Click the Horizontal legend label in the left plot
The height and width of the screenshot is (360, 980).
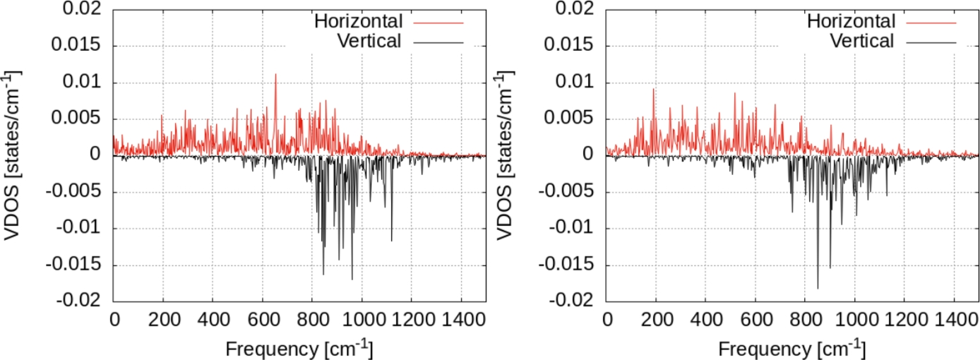click(358, 21)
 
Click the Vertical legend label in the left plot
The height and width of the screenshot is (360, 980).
click(369, 41)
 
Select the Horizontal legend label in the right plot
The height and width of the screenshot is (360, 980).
click(851, 21)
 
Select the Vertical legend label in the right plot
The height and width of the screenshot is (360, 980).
click(861, 41)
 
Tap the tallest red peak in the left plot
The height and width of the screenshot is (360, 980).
click(275, 74)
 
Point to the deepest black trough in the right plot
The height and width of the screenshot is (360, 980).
click(818, 288)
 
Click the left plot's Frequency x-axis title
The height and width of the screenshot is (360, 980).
click(299, 348)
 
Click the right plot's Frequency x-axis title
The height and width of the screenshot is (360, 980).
click(791, 348)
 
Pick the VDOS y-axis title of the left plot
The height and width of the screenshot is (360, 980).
click(12, 155)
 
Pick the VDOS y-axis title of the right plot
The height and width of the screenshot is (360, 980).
click(505, 155)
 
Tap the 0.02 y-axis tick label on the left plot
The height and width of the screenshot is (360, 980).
click(83, 10)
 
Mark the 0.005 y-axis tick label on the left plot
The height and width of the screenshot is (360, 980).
click(78, 119)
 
